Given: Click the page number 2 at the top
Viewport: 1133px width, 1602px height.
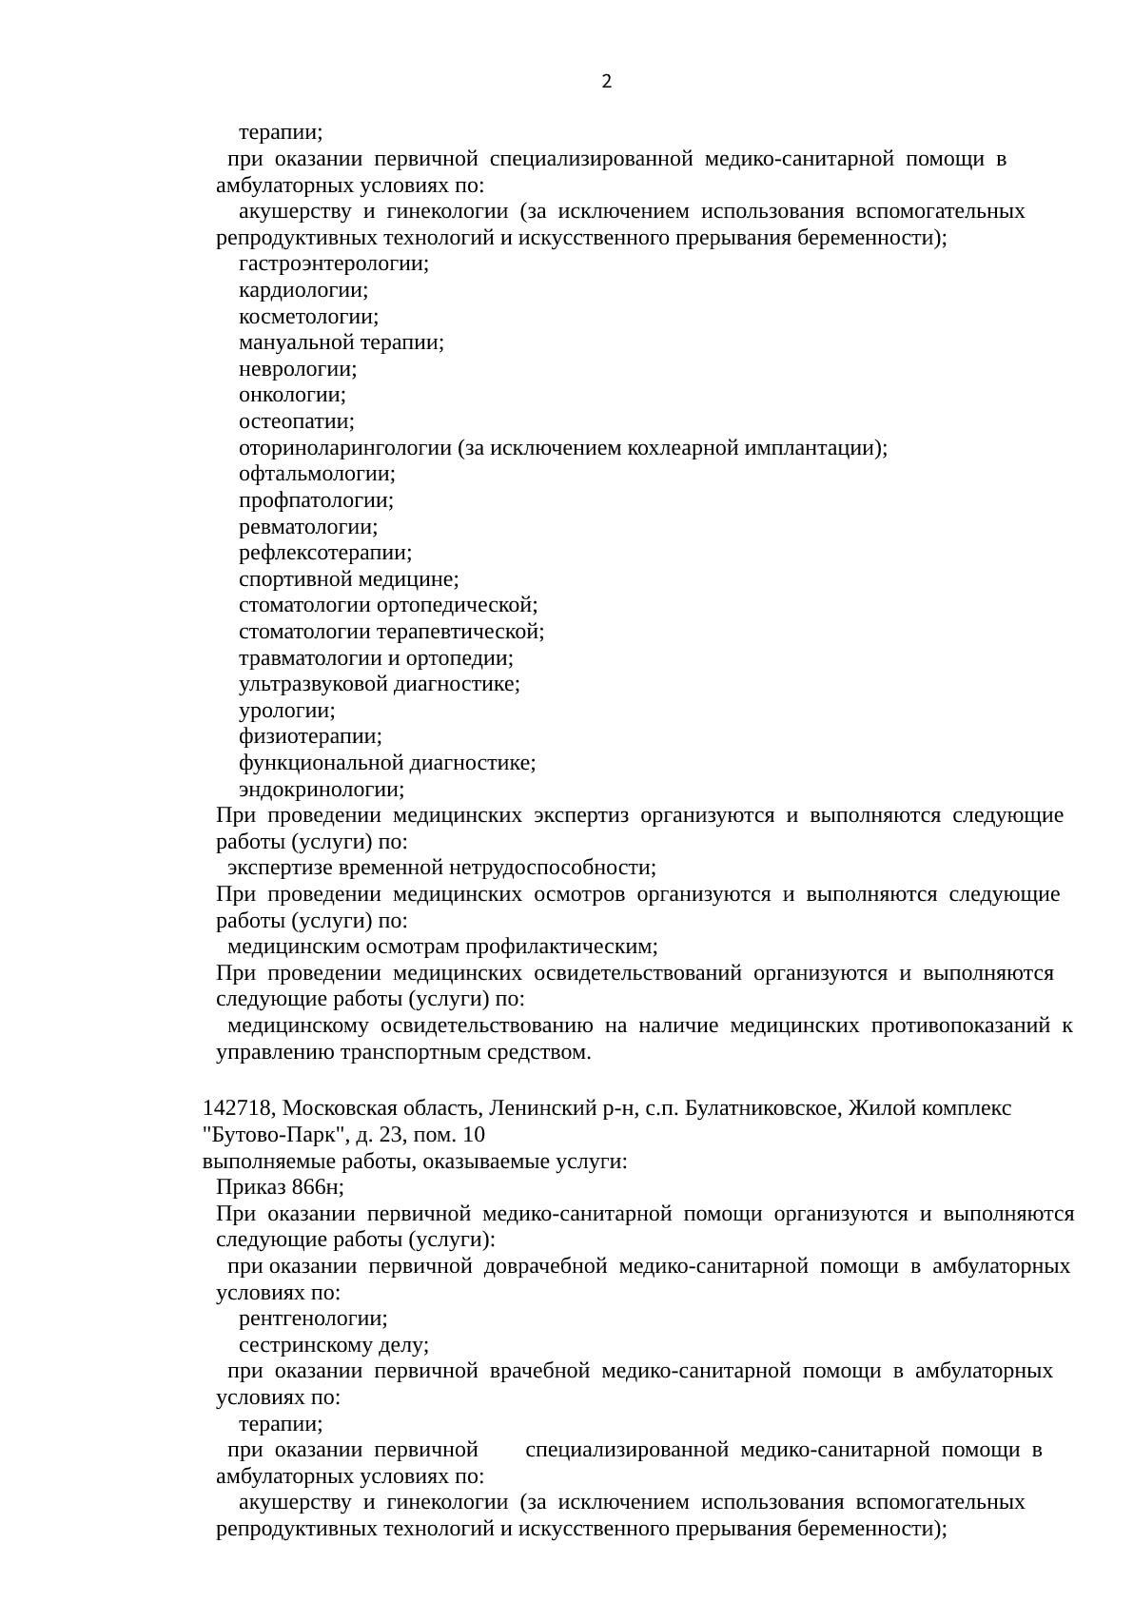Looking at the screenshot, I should [x=607, y=82].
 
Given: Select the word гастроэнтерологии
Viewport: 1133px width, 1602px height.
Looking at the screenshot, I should [x=333, y=264].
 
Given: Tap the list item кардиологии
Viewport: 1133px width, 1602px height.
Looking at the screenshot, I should [x=303, y=290].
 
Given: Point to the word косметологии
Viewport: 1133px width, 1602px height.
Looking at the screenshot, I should [x=307, y=317].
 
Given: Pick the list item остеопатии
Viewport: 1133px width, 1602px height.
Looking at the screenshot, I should [x=296, y=421].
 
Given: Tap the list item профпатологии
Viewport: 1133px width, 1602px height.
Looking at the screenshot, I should [x=316, y=500].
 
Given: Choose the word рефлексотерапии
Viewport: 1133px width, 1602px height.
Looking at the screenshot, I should [x=324, y=553].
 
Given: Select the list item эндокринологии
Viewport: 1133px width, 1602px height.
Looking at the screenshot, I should [x=321, y=790].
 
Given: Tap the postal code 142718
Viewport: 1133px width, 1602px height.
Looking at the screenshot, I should [x=237, y=1108].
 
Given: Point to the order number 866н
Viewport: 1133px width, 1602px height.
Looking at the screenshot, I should [x=318, y=1187].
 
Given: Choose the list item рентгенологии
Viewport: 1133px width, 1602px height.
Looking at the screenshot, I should [x=312, y=1319].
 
